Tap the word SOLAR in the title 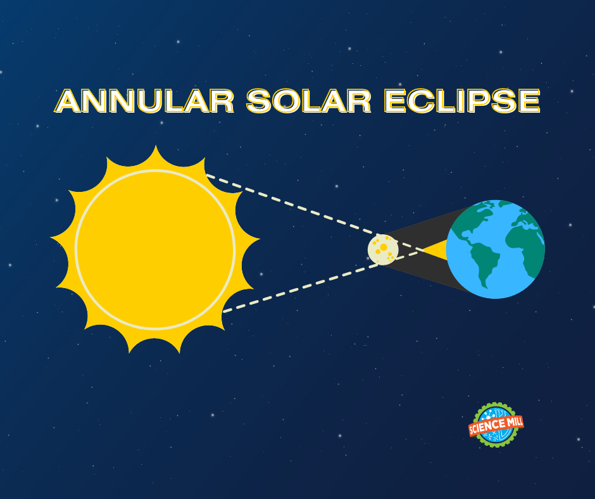tap(309, 101)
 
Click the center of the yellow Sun tap(155, 249)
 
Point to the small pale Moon tap(383, 249)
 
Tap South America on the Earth tap(485, 266)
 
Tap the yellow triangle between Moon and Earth tap(434, 249)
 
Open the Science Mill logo tap(496, 424)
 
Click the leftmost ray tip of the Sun tap(51, 240)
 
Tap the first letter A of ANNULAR tap(70, 101)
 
